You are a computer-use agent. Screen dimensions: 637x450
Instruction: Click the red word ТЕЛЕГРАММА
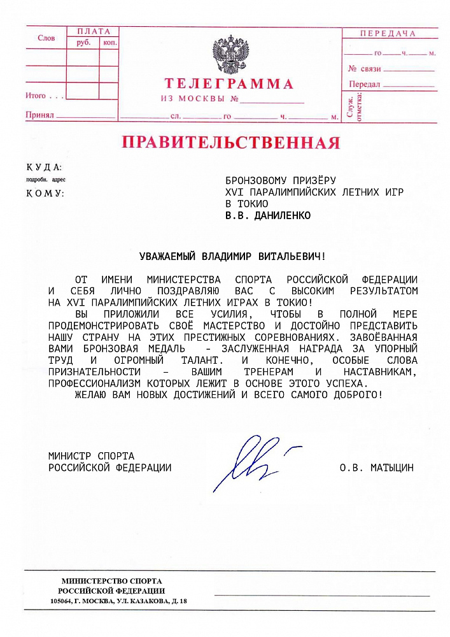(x=229, y=84)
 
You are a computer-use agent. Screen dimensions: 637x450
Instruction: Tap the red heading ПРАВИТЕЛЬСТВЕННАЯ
(x=230, y=142)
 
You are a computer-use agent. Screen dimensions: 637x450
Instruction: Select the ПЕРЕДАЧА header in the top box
(x=388, y=34)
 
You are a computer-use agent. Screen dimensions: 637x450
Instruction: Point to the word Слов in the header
(x=46, y=38)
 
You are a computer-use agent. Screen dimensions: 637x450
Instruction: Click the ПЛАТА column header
(x=94, y=31)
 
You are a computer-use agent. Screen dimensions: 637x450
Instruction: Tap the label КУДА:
(x=44, y=168)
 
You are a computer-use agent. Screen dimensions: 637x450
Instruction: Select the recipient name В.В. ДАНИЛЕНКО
(x=269, y=215)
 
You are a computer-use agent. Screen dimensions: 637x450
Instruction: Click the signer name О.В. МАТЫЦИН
(x=376, y=468)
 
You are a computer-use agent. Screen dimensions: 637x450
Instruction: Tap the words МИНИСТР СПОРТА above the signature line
(x=91, y=456)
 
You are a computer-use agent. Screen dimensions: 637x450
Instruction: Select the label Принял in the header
(x=38, y=115)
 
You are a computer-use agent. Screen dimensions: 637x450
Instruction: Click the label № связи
(x=365, y=69)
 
